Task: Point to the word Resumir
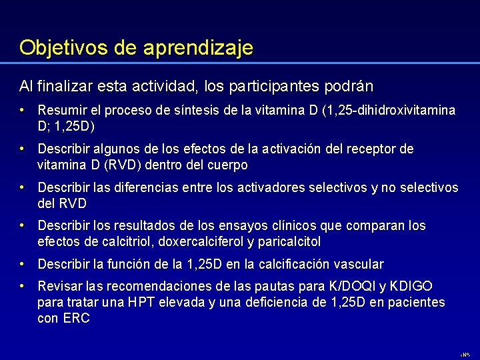[62, 110]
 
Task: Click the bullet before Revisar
[22, 287]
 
